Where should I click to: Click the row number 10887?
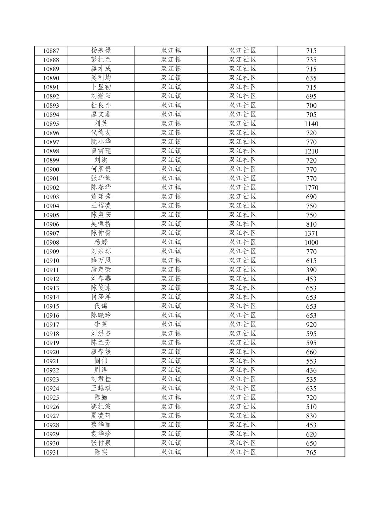(x=51, y=51)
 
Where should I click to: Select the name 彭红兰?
(x=101, y=59)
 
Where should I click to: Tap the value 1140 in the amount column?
(x=311, y=124)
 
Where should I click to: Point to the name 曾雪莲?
(x=101, y=151)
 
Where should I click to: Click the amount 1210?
(x=311, y=151)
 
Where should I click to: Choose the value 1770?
(x=311, y=188)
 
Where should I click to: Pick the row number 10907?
(x=51, y=233)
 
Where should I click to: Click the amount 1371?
(x=311, y=233)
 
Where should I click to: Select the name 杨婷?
(x=101, y=242)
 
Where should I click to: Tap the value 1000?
(x=311, y=243)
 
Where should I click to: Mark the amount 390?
(x=311, y=270)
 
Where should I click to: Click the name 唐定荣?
(x=101, y=269)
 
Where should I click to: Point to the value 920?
(x=311, y=325)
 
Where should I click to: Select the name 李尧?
(x=101, y=324)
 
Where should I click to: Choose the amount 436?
(x=311, y=370)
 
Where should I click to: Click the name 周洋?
(x=101, y=370)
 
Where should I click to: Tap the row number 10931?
(x=51, y=453)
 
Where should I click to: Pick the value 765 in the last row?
(x=311, y=453)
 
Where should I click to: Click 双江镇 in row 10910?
(x=171, y=260)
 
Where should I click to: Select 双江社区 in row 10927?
(x=242, y=416)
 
